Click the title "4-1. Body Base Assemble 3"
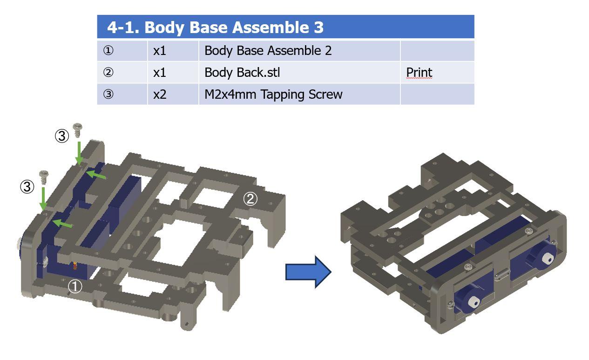click(215, 27)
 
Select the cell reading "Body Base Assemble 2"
click(268, 50)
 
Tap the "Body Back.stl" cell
click(242, 72)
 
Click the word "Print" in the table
click(419, 72)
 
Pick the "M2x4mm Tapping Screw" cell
click(273, 95)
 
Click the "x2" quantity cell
click(160, 95)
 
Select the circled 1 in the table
click(108, 50)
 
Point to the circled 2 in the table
click(108, 72)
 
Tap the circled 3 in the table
click(108, 94)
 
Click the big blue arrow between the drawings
click(308, 272)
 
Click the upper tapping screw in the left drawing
click(78, 130)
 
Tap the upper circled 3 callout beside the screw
click(62, 136)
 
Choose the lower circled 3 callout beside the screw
click(27, 187)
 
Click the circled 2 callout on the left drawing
click(250, 199)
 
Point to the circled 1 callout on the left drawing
click(75, 286)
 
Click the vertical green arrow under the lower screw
click(43, 198)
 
